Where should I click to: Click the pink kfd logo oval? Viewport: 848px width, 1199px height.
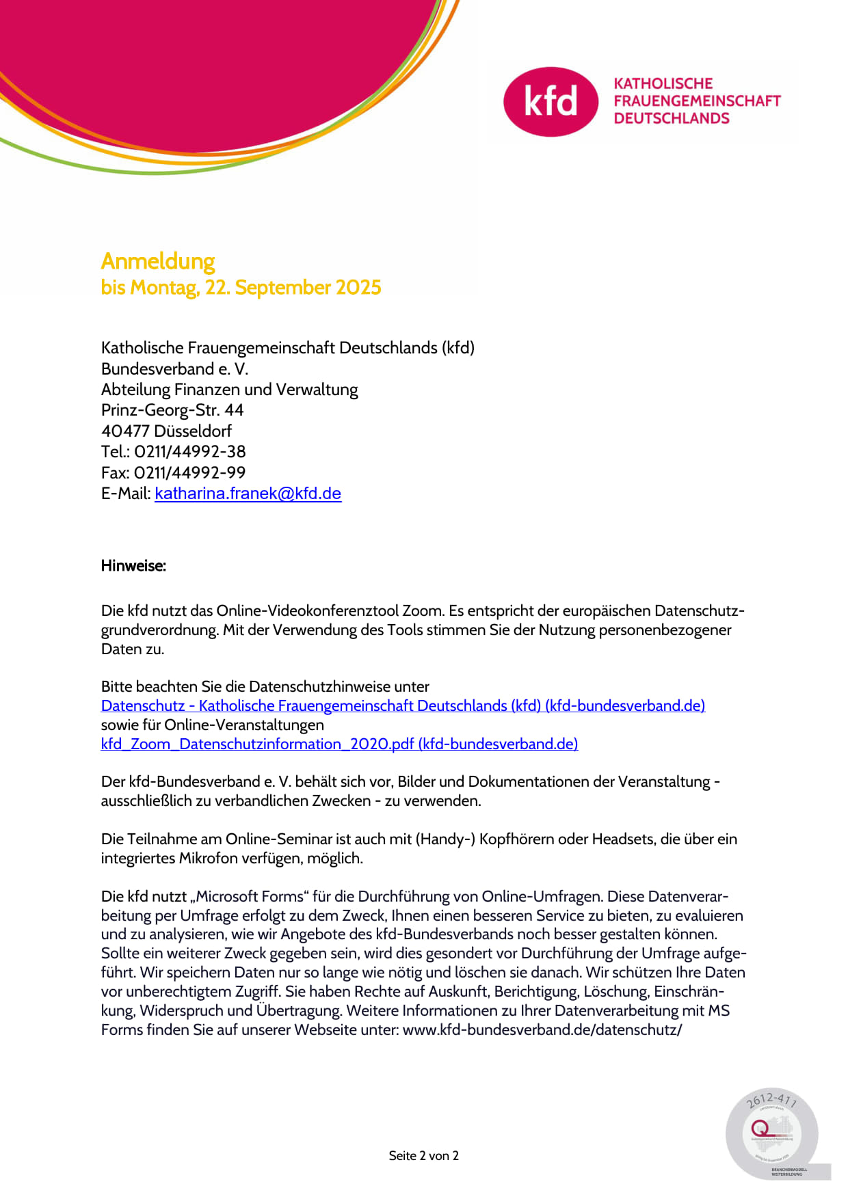pyautogui.click(x=551, y=102)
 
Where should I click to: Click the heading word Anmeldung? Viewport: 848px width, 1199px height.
pyautogui.click(x=158, y=261)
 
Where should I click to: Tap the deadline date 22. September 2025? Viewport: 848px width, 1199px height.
pyautogui.click(x=293, y=288)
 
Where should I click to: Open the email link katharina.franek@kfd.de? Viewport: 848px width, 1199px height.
pyautogui.click(x=248, y=494)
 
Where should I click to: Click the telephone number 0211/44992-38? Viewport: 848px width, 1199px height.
pyautogui.click(x=189, y=452)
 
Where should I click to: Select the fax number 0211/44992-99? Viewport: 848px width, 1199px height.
pyautogui.click(x=189, y=472)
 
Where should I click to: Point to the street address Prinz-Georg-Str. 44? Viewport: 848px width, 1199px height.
pyautogui.click(x=172, y=410)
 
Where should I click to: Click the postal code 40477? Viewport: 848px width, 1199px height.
pyautogui.click(x=125, y=431)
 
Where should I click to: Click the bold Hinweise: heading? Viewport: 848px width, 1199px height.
pyautogui.click(x=133, y=566)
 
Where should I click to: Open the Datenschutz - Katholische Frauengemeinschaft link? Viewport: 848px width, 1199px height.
pyautogui.click(x=403, y=705)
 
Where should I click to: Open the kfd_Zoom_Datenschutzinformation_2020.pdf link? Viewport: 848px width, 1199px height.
pyautogui.click(x=339, y=744)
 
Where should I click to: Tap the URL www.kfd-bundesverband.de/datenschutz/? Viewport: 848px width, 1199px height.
pyautogui.click(x=542, y=1029)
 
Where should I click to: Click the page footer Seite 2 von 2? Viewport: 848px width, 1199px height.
pyautogui.click(x=423, y=1156)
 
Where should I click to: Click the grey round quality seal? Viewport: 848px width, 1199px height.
pyautogui.click(x=772, y=1134)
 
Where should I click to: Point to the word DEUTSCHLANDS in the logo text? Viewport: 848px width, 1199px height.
pyautogui.click(x=672, y=118)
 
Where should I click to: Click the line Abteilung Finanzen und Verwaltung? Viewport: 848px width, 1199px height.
pyautogui.click(x=230, y=390)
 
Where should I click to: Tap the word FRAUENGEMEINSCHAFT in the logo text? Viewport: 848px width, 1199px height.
pyautogui.click(x=697, y=100)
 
